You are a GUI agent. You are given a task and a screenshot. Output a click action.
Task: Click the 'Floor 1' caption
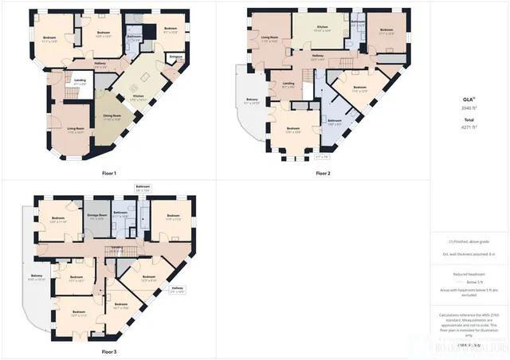click(109, 173)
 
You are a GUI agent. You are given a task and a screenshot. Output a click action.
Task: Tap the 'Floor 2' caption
click(323, 173)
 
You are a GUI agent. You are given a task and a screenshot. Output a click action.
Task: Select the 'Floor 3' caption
click(109, 351)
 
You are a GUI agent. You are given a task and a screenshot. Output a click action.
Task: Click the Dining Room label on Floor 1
click(112, 117)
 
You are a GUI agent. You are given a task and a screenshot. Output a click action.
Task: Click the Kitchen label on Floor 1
click(138, 96)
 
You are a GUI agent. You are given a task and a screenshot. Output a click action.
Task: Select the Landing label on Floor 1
click(80, 80)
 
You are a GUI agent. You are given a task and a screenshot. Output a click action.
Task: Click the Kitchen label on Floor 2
click(322, 28)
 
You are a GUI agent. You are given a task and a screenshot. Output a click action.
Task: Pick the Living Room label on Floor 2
click(269, 37)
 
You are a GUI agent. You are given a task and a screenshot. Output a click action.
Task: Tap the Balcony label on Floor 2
click(251, 100)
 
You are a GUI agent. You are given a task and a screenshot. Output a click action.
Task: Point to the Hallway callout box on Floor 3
click(177, 289)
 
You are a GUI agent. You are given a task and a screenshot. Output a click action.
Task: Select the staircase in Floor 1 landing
click(69, 92)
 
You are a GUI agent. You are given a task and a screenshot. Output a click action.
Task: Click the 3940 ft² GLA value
click(469, 107)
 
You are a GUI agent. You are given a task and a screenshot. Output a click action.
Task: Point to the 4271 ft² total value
click(469, 126)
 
